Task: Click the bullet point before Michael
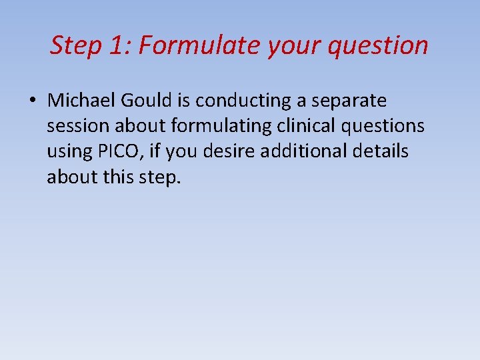[x=33, y=101]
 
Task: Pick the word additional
[x=307, y=151]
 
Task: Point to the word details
[x=385, y=151]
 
